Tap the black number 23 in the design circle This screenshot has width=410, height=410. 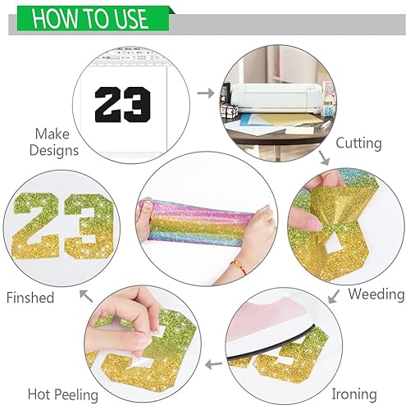[122, 104]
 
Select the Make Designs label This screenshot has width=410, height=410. [54, 142]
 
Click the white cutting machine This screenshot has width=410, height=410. [276, 98]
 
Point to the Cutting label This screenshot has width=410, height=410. [358, 143]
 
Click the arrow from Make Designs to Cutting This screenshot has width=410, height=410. [206, 93]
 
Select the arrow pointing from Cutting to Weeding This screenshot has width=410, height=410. [324, 157]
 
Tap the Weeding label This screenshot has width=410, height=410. [376, 294]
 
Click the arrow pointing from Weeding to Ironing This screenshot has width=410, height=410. [334, 296]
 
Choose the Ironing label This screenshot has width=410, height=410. [354, 394]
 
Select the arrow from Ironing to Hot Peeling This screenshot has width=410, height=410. [214, 364]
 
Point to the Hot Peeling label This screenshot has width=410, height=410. [63, 395]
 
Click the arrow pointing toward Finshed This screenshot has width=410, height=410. [86, 296]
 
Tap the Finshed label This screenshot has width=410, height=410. [30, 298]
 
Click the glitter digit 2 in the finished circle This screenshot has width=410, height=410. [37, 225]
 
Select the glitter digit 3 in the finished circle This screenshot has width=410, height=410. [89, 226]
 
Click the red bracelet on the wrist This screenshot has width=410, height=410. [239, 267]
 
